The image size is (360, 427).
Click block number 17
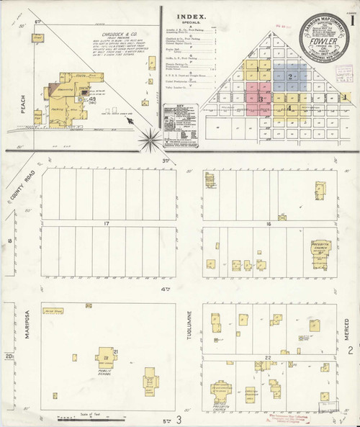(106, 225)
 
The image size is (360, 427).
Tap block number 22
(268, 358)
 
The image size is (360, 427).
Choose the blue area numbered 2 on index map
(290, 76)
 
